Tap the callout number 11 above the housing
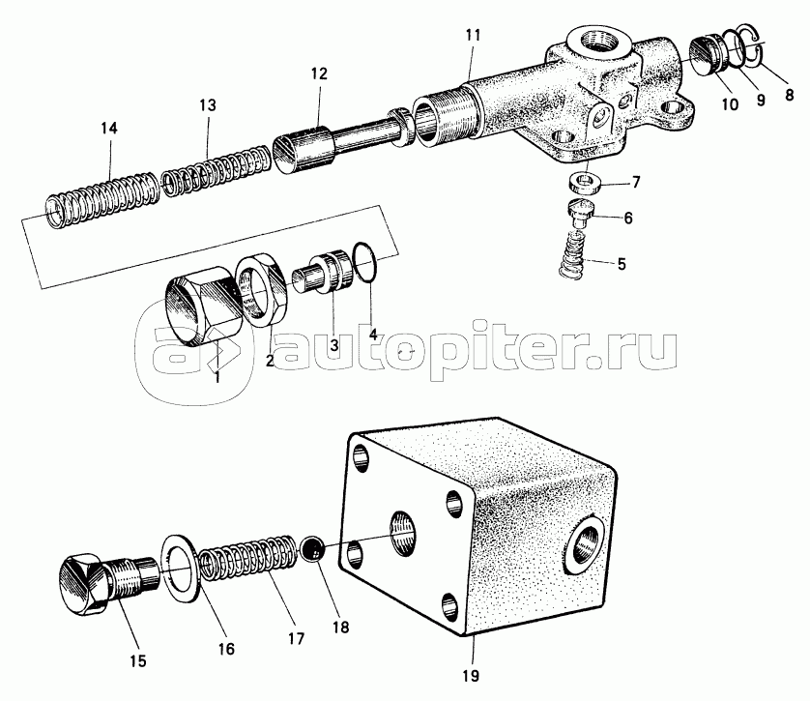coord(472,35)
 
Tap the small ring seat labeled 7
coord(585,183)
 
